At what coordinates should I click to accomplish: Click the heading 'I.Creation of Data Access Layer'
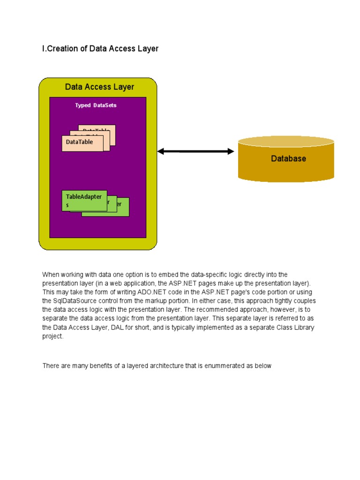click(100, 49)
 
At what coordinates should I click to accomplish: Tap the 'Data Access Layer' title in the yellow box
click(99, 87)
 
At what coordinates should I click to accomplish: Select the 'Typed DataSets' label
click(96, 105)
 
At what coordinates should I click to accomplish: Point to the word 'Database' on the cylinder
click(288, 158)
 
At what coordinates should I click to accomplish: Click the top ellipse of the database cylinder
click(286, 142)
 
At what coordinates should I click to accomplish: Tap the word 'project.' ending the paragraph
click(52, 336)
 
